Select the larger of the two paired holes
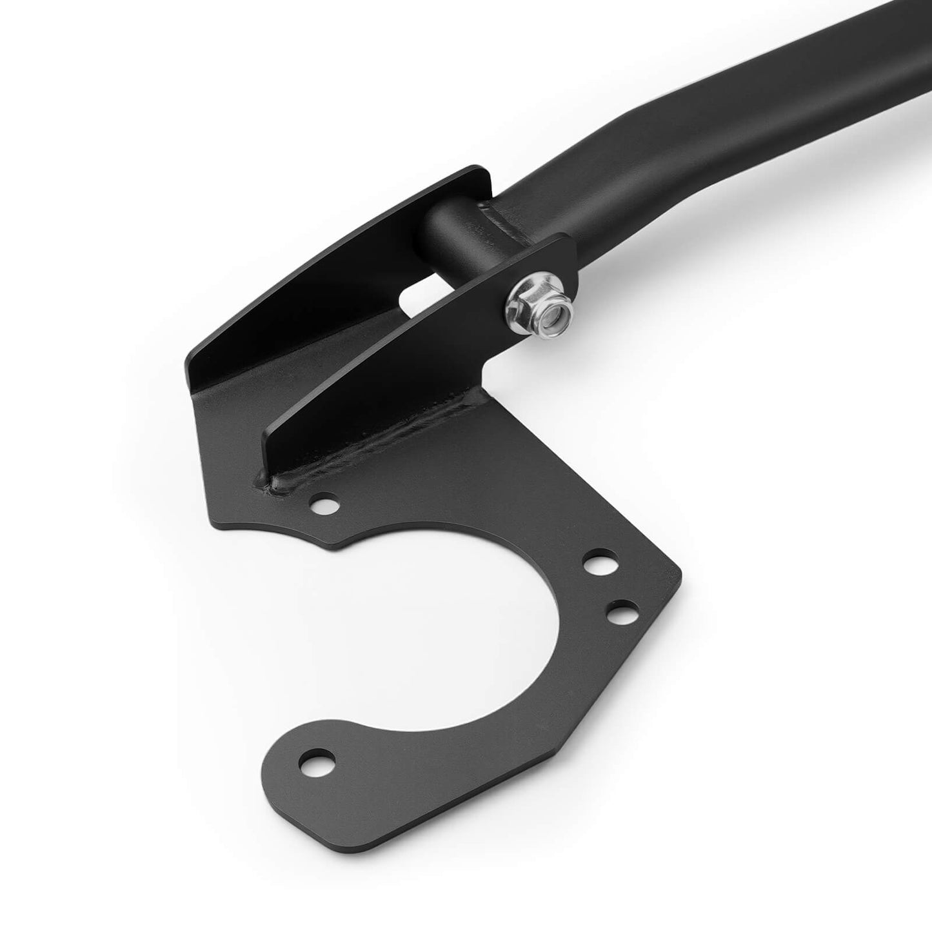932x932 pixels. pyautogui.click(x=598, y=562)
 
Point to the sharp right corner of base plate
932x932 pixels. pyautogui.click(x=681, y=571)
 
